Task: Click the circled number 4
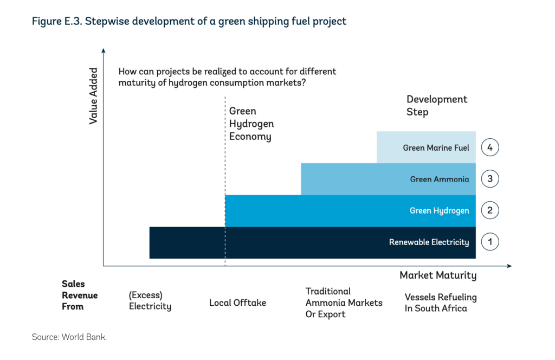[490, 147]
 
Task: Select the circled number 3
[490, 178]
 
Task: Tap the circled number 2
[490, 210]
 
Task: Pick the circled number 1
[490, 242]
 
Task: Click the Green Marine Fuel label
[436, 147]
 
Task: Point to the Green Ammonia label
[439, 179]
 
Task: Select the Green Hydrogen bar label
[439, 210]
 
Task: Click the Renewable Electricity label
[429, 242]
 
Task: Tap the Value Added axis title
[93, 95]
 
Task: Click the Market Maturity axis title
[438, 275]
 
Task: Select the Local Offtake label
[237, 303]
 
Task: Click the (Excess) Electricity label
[150, 300]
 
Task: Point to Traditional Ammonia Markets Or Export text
[344, 303]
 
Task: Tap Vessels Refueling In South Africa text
[440, 303]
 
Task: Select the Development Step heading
[436, 106]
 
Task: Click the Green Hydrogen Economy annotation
[251, 124]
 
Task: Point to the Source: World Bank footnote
[69, 337]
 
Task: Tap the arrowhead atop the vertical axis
[103, 50]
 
